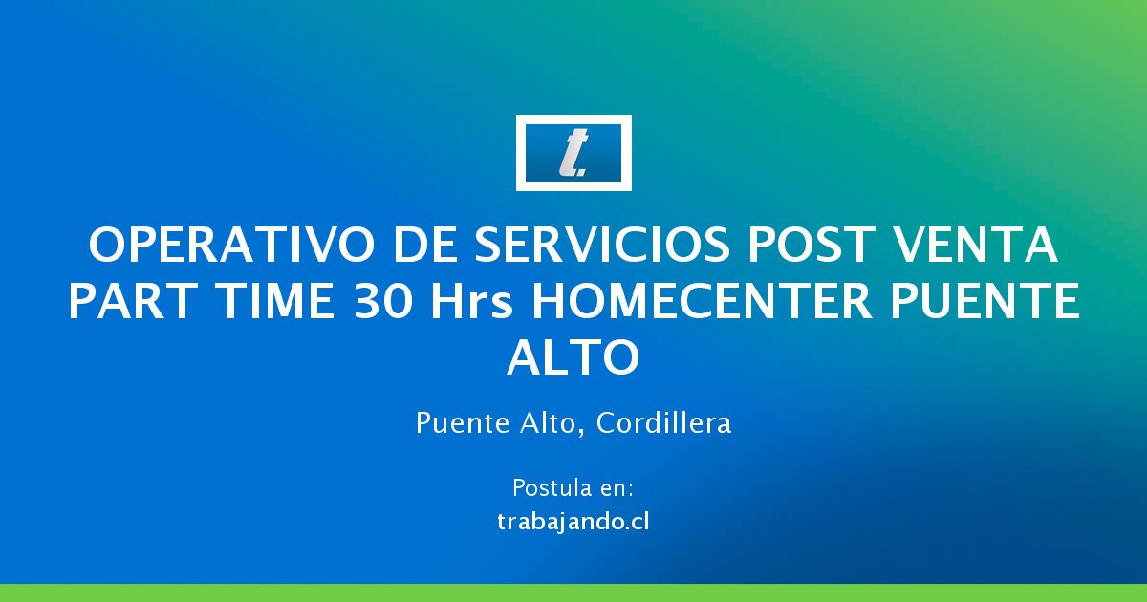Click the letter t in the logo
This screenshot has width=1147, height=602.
(573, 153)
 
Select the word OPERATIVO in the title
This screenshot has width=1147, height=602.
(231, 246)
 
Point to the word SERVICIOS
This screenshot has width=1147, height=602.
(602, 246)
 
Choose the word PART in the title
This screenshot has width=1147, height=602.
(132, 302)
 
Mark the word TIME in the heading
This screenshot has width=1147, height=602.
(274, 302)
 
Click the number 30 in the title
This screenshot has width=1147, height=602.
(383, 302)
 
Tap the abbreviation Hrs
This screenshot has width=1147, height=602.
(471, 302)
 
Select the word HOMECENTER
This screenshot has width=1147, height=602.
(702, 302)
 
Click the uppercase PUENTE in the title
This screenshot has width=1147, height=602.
(985, 302)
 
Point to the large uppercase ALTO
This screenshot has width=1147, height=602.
(573, 357)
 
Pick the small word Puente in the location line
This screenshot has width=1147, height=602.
(463, 423)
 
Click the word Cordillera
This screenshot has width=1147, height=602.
(664, 423)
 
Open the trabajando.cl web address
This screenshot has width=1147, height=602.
(573, 522)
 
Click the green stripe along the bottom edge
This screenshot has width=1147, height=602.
(573, 592)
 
